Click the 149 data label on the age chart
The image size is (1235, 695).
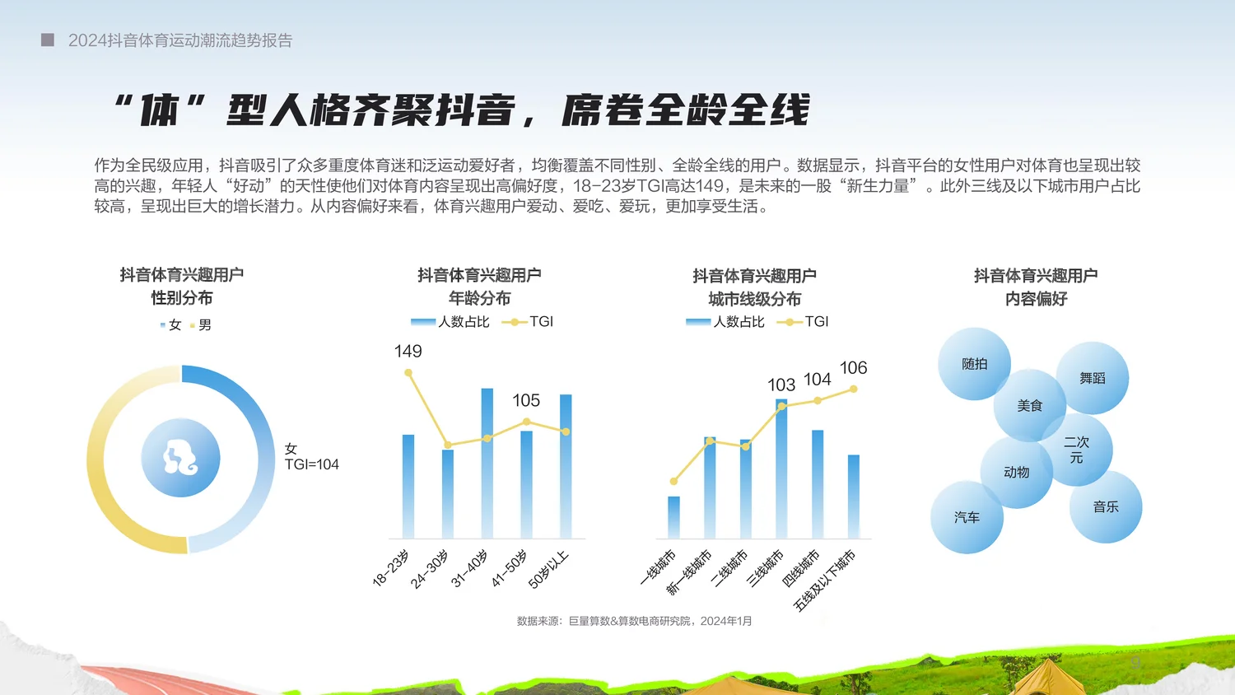coord(408,352)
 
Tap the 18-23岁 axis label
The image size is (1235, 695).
coord(390,568)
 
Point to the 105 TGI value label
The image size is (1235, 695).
coord(526,401)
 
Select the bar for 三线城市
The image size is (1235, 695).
coord(781,469)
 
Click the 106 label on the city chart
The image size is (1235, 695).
coord(853,368)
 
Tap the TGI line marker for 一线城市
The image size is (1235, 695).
coord(673,481)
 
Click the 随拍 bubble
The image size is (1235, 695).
coord(974,364)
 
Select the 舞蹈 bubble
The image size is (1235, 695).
coord(1093,378)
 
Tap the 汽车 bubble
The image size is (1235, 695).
coord(967,517)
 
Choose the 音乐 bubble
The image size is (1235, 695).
coord(1106,506)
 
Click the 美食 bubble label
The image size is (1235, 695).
coord(1029,405)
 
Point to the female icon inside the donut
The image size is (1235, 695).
coord(180,458)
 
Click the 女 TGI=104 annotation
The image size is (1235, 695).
coord(311,457)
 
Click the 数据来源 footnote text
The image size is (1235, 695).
coord(634,621)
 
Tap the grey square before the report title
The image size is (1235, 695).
coord(48,40)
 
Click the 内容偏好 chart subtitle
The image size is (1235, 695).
coord(1036,299)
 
